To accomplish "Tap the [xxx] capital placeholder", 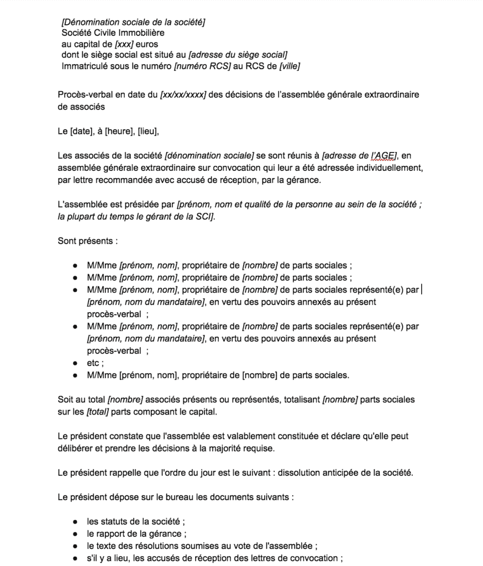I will [x=123, y=44].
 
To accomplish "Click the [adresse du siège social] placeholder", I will [x=238, y=54].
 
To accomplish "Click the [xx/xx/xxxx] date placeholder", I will [x=183, y=95].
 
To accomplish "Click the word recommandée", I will [x=124, y=180].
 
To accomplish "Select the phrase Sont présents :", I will [x=88, y=241].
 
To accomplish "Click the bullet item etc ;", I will [x=95, y=363].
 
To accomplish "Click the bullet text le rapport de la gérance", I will [x=136, y=533].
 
